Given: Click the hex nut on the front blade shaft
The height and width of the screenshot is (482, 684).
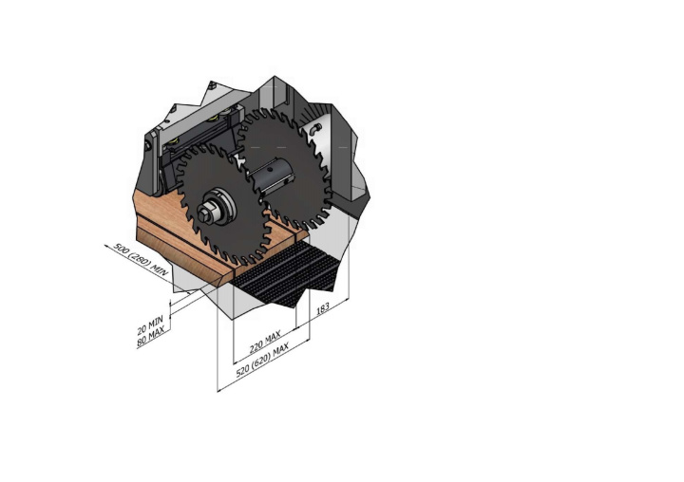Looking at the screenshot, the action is tap(204, 214).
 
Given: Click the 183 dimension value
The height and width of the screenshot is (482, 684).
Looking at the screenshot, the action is tap(322, 308).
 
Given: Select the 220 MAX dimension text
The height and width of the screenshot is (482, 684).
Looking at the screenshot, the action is tap(265, 342).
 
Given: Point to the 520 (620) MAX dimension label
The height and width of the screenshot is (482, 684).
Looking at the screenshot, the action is tap(262, 360).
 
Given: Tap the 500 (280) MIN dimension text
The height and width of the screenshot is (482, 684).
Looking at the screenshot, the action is tap(141, 259).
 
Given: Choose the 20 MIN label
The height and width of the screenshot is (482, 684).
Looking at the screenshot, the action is tap(150, 324).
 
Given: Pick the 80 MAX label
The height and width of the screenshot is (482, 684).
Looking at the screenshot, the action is tap(151, 337).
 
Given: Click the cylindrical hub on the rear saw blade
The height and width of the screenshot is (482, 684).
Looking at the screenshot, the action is tap(270, 176).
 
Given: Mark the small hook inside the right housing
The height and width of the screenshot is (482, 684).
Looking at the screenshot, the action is tap(315, 128).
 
